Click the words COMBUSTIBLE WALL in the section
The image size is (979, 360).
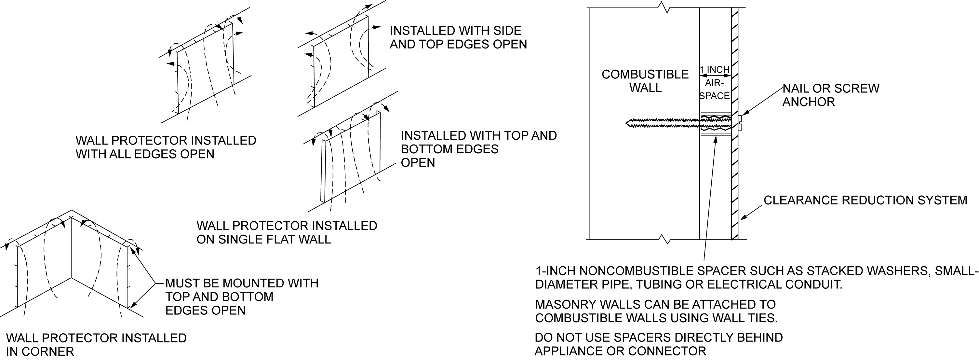pyautogui.click(x=645, y=81)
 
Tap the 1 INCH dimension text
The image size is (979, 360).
pyautogui.click(x=715, y=70)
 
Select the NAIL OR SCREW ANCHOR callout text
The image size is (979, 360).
pyautogui.click(x=830, y=95)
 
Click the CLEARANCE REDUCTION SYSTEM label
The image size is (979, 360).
pyautogui.click(x=865, y=200)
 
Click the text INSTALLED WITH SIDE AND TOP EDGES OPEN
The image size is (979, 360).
pyautogui.click(x=458, y=37)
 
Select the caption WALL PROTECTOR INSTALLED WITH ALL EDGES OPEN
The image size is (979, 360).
pyautogui.click(x=166, y=147)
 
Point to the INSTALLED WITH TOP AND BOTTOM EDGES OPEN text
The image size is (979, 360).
pyautogui.click(x=478, y=149)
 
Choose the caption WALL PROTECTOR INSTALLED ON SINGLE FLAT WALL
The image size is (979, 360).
pyautogui.click(x=287, y=232)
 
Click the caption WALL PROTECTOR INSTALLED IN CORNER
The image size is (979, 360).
pyautogui.click(x=96, y=344)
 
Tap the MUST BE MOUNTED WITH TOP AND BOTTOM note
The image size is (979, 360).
pyautogui.click(x=242, y=297)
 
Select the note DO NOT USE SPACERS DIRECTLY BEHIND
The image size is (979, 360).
pyautogui.click(x=658, y=338)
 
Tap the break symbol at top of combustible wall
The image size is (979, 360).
pyautogui.click(x=664, y=7)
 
